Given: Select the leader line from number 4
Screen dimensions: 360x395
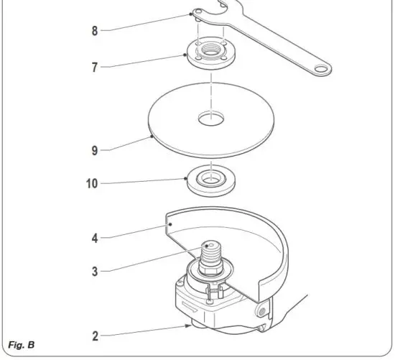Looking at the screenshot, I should pyautogui.click(x=136, y=231).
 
